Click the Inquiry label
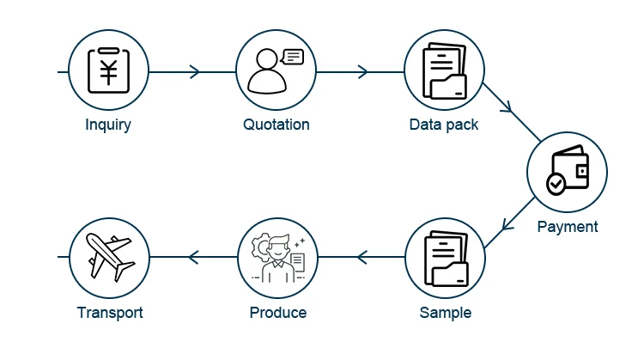(x=108, y=125)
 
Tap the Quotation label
(x=276, y=125)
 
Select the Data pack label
(x=444, y=125)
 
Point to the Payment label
(x=568, y=227)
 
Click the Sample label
(x=446, y=312)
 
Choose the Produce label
(x=278, y=312)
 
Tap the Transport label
(x=110, y=312)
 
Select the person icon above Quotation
(x=268, y=74)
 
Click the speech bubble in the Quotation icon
(x=293, y=58)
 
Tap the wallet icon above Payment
(x=568, y=170)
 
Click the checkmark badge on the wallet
(x=556, y=183)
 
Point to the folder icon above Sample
(x=446, y=259)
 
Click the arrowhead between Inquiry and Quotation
(x=195, y=71)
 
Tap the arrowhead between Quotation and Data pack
(x=362, y=71)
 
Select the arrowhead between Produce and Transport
(x=192, y=257)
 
